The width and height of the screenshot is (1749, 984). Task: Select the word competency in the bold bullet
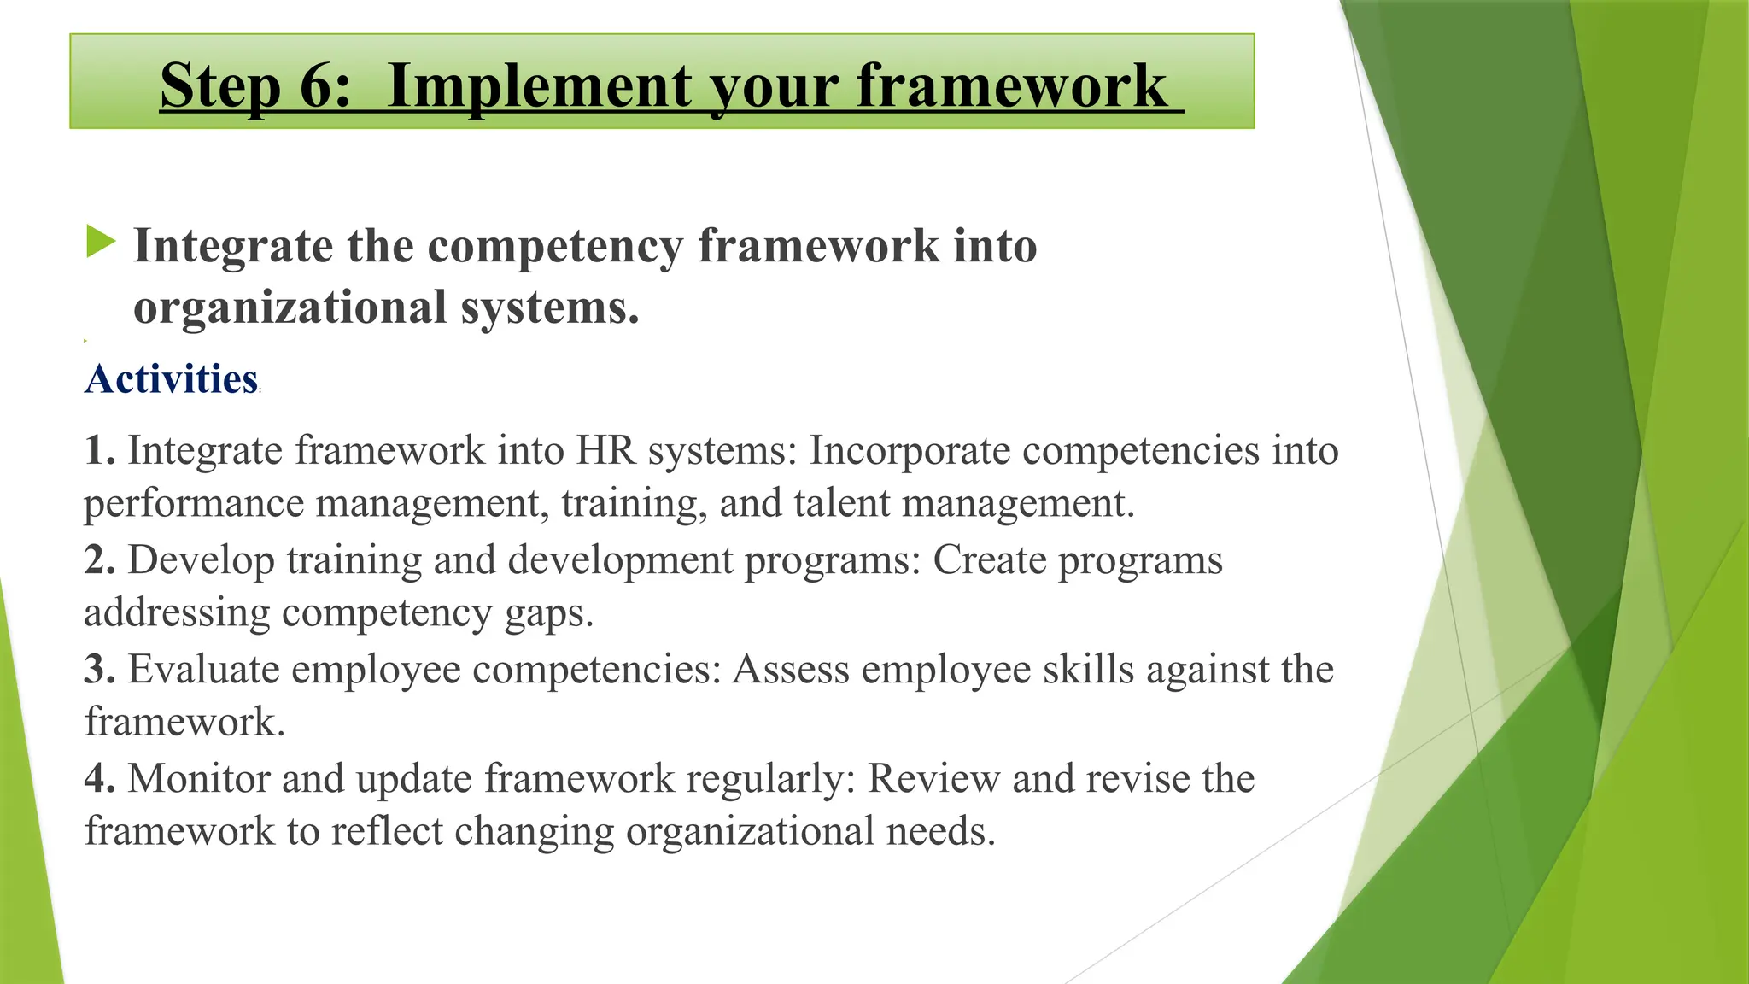coord(556,246)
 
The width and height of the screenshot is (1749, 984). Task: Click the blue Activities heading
coord(171,378)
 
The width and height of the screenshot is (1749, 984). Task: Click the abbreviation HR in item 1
coord(605,450)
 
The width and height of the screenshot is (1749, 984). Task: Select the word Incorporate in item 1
coord(910,450)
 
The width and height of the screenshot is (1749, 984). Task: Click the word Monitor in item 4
coord(198,778)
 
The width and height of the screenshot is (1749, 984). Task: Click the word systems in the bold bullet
coord(551,307)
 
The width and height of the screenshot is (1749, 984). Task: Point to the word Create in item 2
coord(989,560)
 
